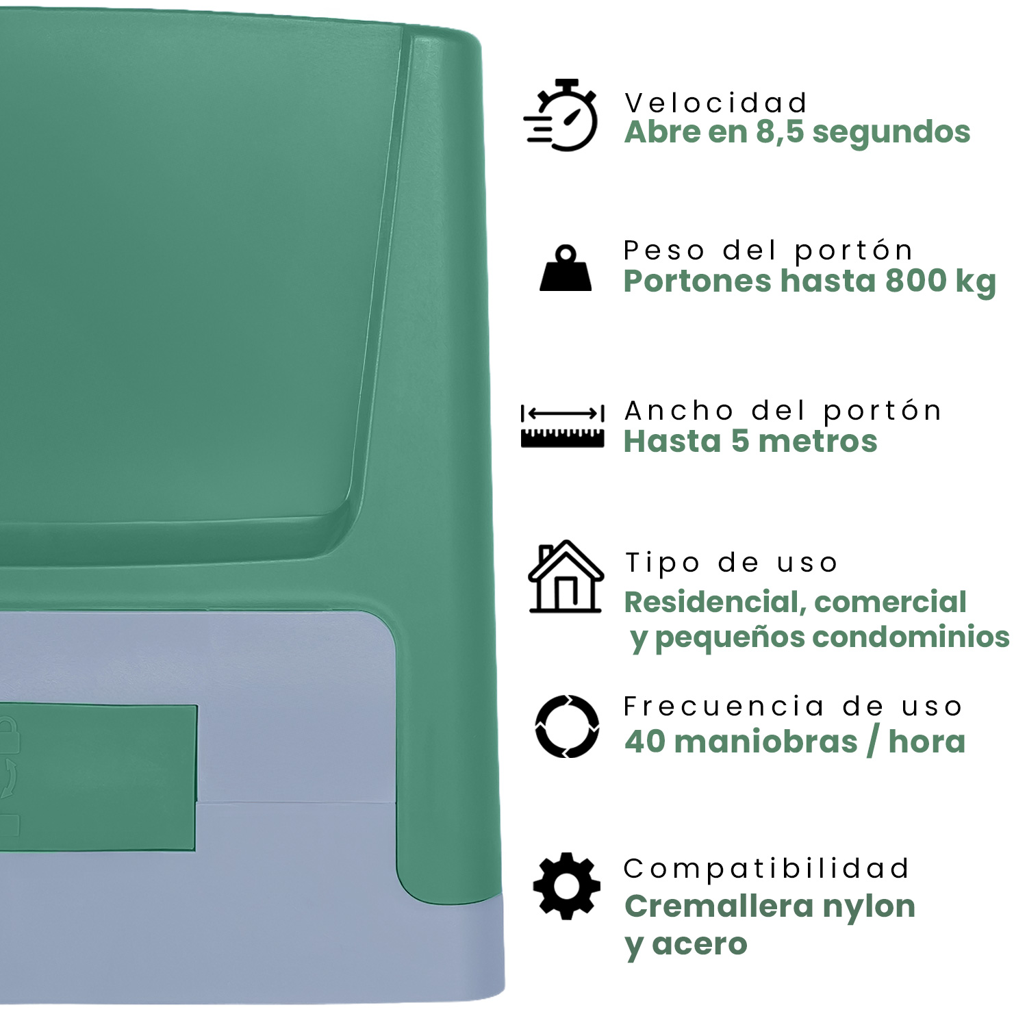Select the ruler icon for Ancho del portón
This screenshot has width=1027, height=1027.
tap(562, 426)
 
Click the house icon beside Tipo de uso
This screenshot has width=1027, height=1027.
tap(566, 576)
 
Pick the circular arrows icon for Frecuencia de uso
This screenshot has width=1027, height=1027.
tap(567, 726)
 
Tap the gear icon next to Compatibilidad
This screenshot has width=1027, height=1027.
tap(567, 886)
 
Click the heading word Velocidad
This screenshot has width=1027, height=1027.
tap(716, 103)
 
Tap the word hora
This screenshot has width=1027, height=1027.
tap(926, 741)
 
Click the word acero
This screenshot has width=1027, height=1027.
tap(700, 945)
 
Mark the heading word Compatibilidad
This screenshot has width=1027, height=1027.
tap(766, 868)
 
